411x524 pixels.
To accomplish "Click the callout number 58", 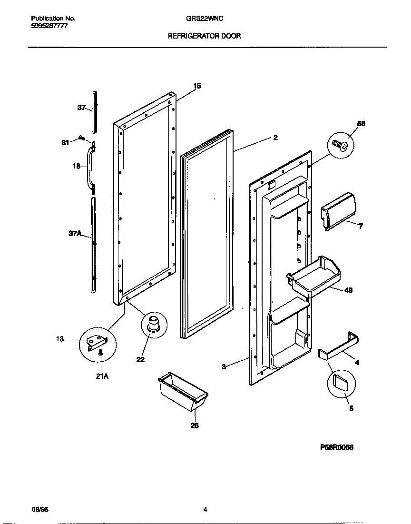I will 362,124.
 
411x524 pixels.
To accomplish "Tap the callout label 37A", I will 76,234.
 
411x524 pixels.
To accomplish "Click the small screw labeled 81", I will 82,138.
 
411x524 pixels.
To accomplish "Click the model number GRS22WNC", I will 205,19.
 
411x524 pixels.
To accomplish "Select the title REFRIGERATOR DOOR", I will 205,36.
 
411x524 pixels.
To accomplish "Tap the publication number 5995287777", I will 49,27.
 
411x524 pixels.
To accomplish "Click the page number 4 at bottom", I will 205,509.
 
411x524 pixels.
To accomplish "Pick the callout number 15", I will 197,86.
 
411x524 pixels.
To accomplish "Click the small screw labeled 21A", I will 101,353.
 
